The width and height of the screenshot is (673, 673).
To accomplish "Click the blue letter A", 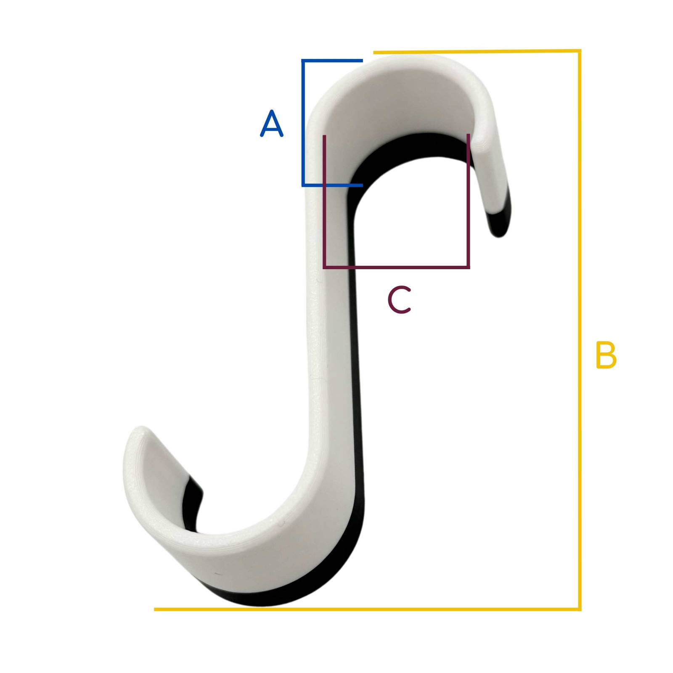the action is [x=272, y=123].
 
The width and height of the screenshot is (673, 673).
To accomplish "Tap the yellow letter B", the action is [x=606, y=355].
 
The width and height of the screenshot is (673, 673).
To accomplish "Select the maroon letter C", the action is [x=399, y=300].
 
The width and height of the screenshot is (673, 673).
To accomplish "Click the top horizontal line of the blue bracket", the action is [x=332, y=61].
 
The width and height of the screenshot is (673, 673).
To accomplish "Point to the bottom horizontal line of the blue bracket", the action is [x=332, y=185].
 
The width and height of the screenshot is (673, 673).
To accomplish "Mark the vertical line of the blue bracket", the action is [x=303, y=123].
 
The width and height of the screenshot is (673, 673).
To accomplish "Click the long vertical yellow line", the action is [x=580, y=330].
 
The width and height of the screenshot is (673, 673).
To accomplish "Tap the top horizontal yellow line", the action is [x=477, y=51].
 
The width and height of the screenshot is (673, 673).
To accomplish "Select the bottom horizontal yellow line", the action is [x=367, y=609].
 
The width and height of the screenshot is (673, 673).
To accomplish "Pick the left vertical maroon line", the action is [x=324, y=201].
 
